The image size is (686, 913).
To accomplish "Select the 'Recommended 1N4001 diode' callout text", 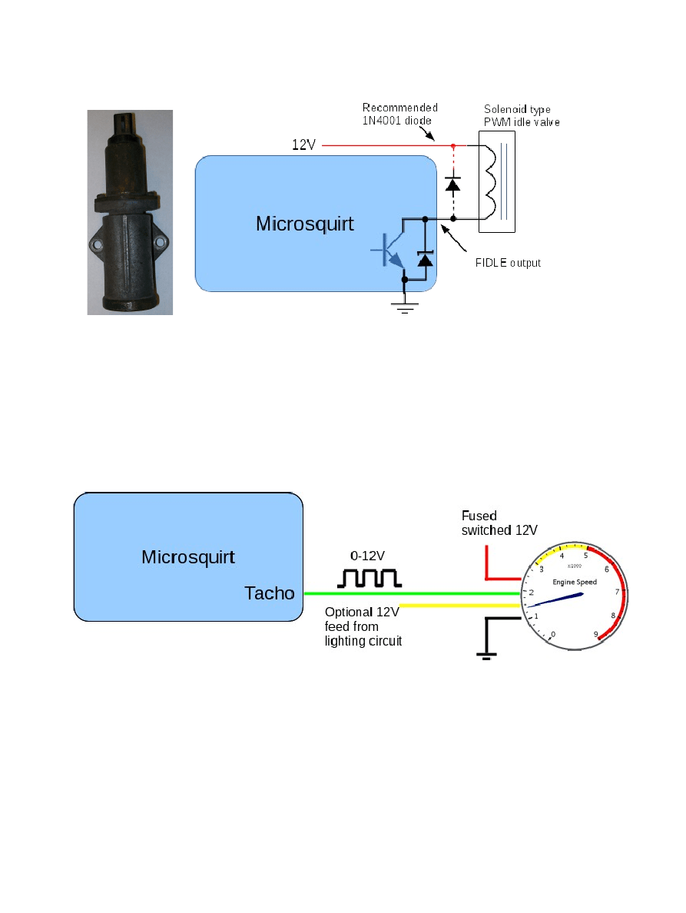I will [399, 113].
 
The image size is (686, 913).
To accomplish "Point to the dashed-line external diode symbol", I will [453, 184].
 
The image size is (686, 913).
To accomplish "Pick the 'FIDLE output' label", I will [508, 263].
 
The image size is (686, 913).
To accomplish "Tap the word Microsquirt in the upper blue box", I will [305, 224].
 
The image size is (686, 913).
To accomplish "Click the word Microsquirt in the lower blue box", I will [188, 556].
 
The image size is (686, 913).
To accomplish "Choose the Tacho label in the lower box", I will [269, 593].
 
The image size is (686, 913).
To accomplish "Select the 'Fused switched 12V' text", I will [499, 523].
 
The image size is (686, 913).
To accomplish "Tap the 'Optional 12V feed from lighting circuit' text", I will [363, 626].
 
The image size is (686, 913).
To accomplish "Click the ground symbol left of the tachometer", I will [486, 655].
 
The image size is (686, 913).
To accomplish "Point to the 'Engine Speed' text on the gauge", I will [575, 582].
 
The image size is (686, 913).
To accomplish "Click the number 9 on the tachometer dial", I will [596, 634].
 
